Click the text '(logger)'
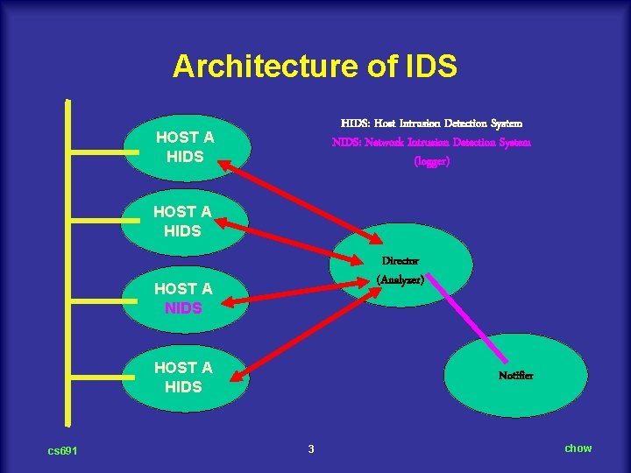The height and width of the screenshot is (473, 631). [431, 161]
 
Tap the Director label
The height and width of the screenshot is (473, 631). [401, 261]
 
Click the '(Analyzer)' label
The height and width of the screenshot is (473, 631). [401, 279]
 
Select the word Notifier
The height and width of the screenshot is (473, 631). [516, 376]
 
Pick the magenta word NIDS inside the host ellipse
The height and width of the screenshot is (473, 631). [183, 308]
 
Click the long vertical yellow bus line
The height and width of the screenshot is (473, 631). [68, 263]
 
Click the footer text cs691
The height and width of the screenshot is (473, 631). [63, 450]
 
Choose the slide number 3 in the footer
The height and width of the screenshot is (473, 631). [311, 449]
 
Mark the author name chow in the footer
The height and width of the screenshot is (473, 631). [578, 448]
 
